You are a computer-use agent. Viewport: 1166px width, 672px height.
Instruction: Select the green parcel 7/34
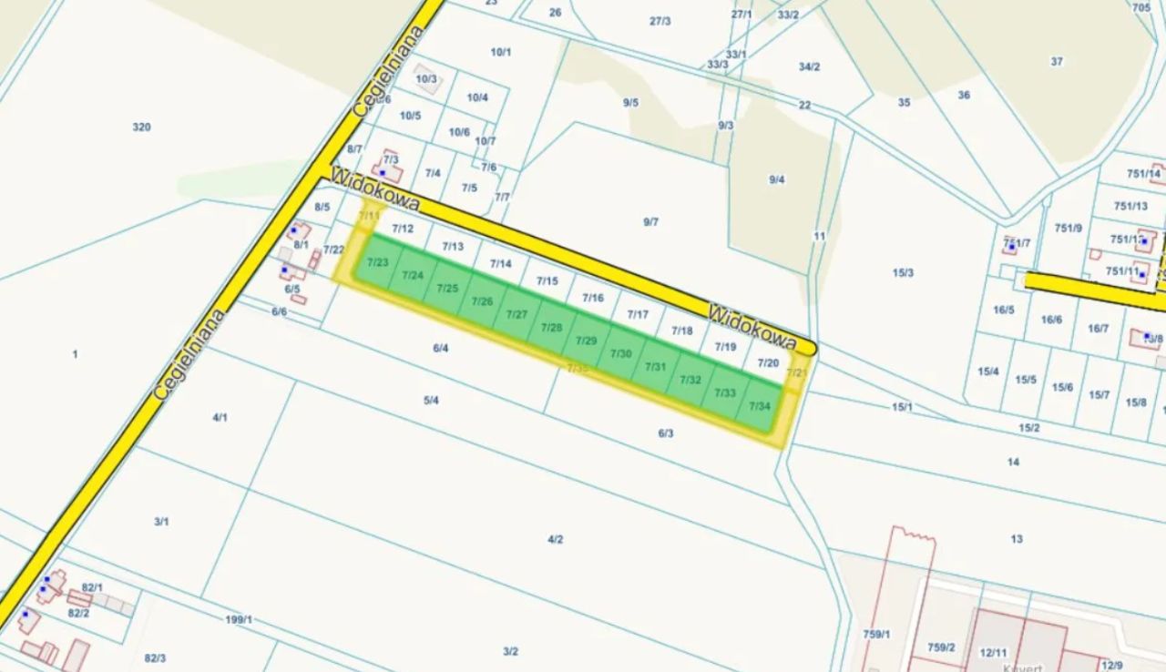tap(760, 406)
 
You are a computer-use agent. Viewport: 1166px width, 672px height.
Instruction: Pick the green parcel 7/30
tap(620, 353)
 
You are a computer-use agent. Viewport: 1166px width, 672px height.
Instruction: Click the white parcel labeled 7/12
tap(403, 229)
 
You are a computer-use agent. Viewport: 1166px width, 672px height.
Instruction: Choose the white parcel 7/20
tap(768, 362)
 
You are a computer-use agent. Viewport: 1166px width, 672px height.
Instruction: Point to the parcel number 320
tap(141, 127)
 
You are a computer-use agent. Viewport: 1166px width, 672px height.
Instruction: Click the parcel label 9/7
tap(650, 221)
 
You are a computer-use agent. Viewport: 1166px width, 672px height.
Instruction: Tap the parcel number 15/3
tap(903, 272)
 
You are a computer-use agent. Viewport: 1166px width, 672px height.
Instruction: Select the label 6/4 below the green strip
tap(441, 347)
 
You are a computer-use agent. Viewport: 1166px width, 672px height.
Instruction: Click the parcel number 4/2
tap(556, 539)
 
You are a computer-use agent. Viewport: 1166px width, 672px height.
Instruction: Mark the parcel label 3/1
tap(161, 522)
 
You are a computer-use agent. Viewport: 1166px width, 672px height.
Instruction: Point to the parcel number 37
tap(1057, 62)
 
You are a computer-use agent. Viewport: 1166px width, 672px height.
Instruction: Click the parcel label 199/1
tap(239, 620)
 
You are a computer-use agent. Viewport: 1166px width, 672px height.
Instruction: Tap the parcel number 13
tap(1017, 539)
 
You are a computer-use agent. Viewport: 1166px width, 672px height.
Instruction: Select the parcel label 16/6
tap(1051, 320)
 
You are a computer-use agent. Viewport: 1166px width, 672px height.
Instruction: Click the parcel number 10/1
tap(501, 52)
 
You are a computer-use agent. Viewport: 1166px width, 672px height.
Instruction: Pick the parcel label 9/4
tap(776, 179)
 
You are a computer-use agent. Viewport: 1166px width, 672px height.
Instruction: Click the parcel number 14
tap(1013, 463)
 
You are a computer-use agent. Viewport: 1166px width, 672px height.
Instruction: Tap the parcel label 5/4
tap(432, 400)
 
